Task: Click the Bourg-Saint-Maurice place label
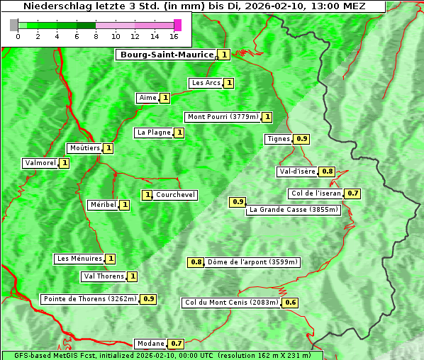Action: [x=167, y=55]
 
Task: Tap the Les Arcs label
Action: [x=206, y=83]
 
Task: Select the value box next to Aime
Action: [x=164, y=98]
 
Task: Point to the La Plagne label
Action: [x=154, y=133]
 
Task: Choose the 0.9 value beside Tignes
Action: [x=301, y=139]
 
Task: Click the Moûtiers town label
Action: [x=84, y=148]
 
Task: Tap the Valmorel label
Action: [x=40, y=163]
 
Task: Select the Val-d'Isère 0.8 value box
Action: [x=327, y=171]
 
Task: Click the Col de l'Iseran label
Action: [x=316, y=193]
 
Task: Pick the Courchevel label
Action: [x=176, y=195]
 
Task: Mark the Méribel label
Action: [x=103, y=205]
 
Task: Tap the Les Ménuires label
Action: [x=79, y=259]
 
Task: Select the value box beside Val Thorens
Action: [x=132, y=276]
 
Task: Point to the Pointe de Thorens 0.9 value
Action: [x=148, y=299]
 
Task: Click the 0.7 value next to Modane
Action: [x=177, y=344]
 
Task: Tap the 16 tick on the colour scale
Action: [x=174, y=35]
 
